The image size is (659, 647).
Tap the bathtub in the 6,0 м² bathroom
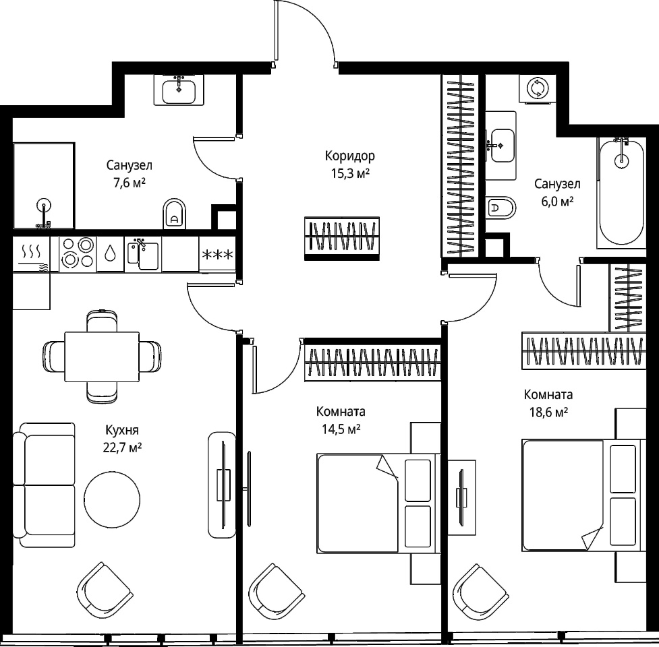point(621,193)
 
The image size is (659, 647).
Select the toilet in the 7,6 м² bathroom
point(174,213)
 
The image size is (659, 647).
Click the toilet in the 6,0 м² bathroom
point(500,208)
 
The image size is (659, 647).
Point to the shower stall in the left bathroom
point(44,185)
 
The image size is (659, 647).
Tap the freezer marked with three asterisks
point(217,255)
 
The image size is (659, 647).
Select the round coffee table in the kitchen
point(112,499)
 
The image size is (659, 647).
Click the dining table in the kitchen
point(102,357)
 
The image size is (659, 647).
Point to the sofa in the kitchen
point(44,485)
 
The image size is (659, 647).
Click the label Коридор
point(349,156)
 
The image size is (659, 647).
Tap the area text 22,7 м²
point(122,448)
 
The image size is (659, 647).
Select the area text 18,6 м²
point(548,412)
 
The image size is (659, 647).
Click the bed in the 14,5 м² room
point(378,503)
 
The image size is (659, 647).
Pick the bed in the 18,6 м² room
point(583,495)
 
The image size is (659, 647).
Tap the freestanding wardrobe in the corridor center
point(342,239)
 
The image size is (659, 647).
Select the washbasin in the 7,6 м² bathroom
point(179,90)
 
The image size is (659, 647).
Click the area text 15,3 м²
point(350,173)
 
